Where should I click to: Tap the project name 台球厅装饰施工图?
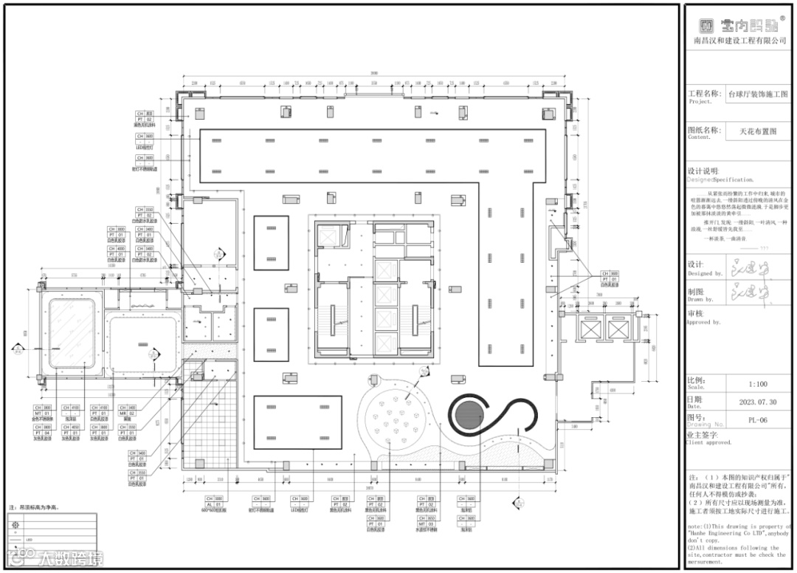(758, 95)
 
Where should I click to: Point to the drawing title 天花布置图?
(758, 132)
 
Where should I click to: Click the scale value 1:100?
(758, 385)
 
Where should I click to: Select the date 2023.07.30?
(758, 402)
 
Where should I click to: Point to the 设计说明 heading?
(703, 170)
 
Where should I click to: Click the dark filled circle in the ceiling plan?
(469, 416)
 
